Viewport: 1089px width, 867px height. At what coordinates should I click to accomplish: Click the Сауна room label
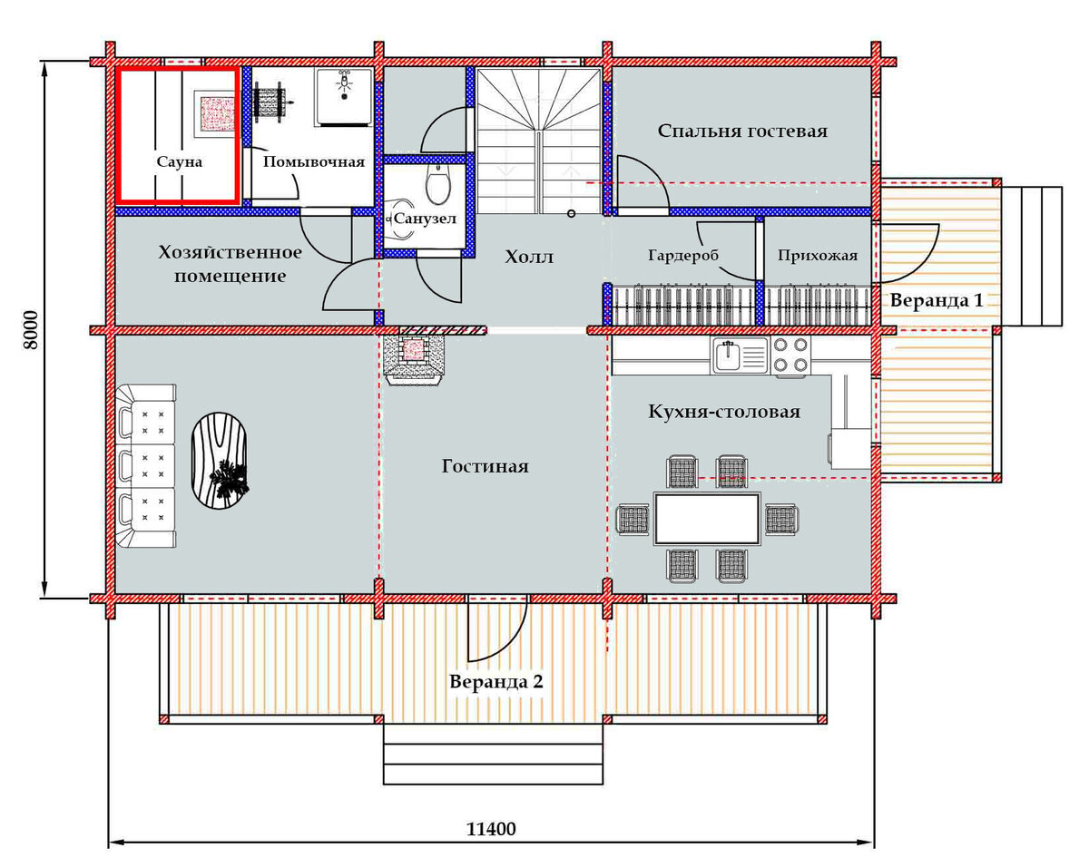click(x=180, y=161)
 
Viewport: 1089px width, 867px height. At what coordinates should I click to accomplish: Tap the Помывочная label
click(x=314, y=161)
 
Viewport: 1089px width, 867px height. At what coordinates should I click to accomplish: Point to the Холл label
click(x=529, y=257)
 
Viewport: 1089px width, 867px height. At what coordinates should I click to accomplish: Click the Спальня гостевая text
click(x=742, y=131)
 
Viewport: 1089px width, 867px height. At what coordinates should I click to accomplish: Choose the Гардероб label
click(x=683, y=256)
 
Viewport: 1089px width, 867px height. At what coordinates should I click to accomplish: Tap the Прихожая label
click(x=818, y=255)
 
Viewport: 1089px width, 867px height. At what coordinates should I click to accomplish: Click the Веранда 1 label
click(x=937, y=300)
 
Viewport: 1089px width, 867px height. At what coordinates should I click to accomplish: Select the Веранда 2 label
click(x=495, y=681)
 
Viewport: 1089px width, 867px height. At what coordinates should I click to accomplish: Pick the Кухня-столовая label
click(x=724, y=411)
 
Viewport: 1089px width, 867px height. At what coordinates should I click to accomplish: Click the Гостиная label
click(x=485, y=466)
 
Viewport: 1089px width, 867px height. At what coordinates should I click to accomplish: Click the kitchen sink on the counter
click(x=740, y=356)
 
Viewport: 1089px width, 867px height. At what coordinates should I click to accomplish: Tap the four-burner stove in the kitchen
click(x=790, y=356)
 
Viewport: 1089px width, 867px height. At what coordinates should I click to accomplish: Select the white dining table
click(x=707, y=519)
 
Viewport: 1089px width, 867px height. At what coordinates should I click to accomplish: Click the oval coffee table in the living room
click(x=219, y=461)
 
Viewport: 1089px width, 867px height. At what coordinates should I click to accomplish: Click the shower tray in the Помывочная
click(x=344, y=97)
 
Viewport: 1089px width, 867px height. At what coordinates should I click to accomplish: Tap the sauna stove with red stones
click(x=216, y=113)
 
